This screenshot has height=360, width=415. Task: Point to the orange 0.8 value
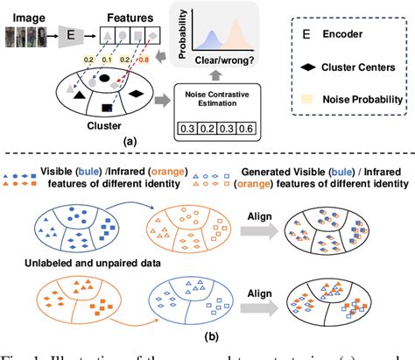[164, 62]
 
